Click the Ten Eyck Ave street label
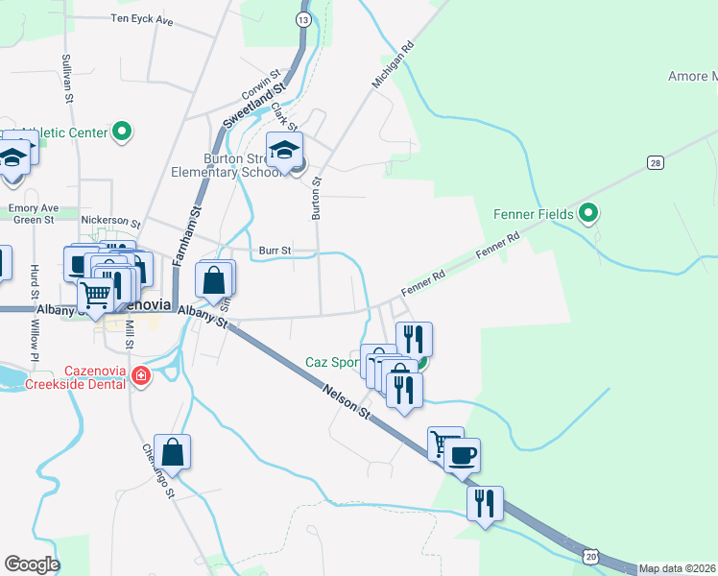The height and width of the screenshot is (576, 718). tap(141, 18)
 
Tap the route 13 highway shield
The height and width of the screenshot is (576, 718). tap(303, 19)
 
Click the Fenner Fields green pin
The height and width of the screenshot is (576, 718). tap(588, 214)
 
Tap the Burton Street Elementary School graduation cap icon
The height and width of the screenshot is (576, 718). tap(285, 151)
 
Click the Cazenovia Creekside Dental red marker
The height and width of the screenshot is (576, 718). tap(141, 375)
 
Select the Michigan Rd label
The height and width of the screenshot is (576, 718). tap(392, 66)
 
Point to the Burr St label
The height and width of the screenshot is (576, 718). tap(275, 251)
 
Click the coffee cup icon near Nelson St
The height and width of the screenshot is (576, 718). tap(462, 453)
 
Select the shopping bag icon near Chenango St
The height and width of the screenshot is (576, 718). tap(172, 451)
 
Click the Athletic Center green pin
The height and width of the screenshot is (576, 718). tap(122, 132)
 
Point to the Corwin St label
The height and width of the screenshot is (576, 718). tap(260, 84)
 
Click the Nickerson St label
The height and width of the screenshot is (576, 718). tap(111, 220)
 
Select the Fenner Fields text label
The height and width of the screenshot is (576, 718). tap(534, 214)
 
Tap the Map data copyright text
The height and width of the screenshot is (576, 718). tap(678, 568)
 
